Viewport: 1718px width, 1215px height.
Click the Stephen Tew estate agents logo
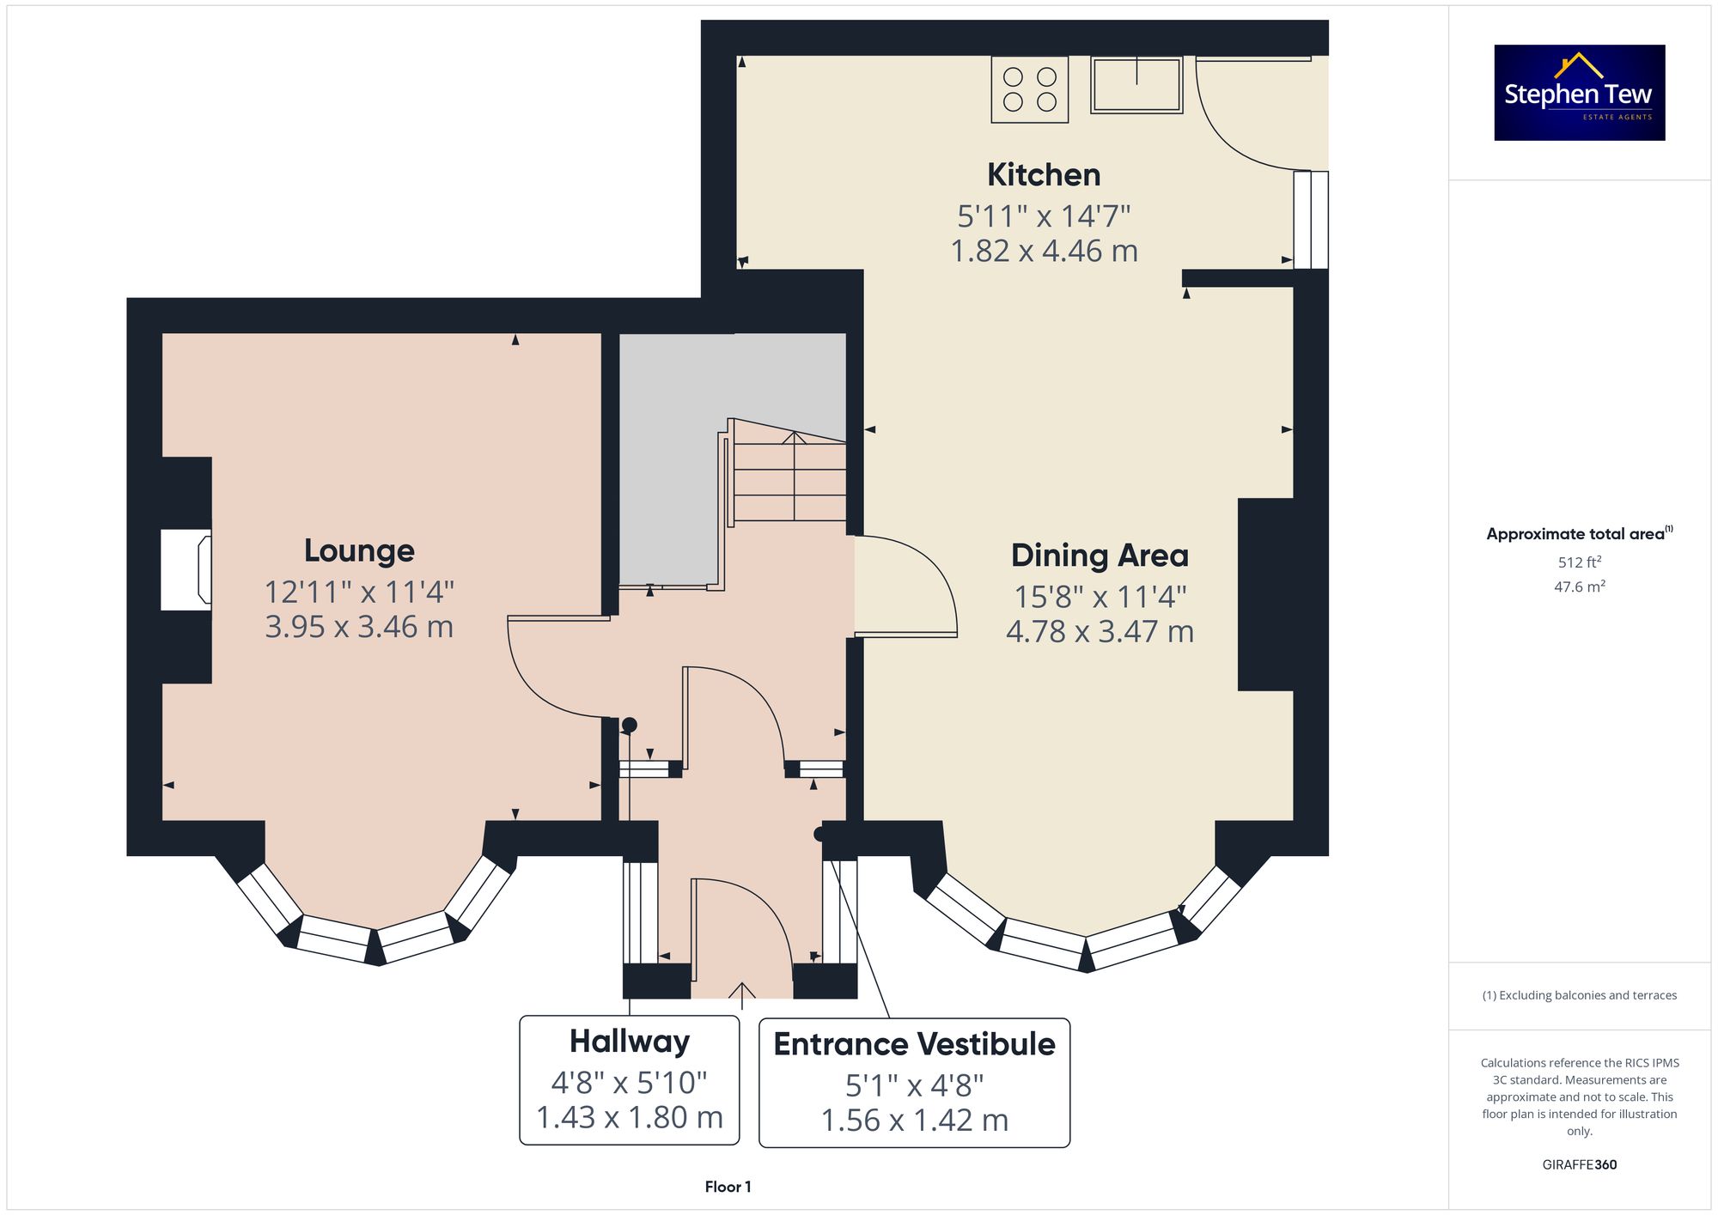point(1580,93)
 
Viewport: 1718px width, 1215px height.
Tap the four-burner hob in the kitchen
point(1030,89)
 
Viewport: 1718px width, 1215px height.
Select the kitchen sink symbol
point(1136,84)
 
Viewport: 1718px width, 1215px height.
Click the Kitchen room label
point(1044,175)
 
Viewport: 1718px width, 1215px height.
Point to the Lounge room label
point(359,551)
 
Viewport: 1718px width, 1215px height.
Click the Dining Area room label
point(1100,556)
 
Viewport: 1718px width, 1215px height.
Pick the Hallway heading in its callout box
point(630,1042)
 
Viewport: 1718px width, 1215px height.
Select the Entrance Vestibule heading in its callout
point(914,1044)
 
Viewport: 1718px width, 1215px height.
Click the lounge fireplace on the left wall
point(186,570)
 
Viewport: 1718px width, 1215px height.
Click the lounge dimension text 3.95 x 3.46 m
point(359,627)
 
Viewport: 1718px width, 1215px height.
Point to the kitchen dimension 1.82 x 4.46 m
point(1044,251)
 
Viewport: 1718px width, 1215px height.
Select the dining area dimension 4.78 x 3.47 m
point(1100,631)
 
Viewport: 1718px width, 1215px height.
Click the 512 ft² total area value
point(1580,562)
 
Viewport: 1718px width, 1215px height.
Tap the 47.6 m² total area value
point(1580,586)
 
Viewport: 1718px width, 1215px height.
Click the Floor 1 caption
point(728,1187)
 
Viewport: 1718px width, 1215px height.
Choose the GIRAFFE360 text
point(1580,1164)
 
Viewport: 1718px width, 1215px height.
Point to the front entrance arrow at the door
point(741,995)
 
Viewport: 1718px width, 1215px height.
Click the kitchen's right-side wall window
point(1311,220)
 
